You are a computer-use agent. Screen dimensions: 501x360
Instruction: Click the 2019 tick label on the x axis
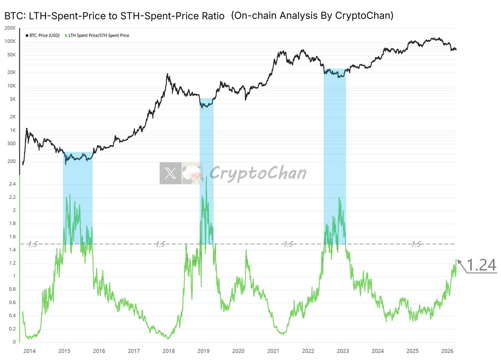[203, 351]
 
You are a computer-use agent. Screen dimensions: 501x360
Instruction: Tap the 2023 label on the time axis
[343, 351]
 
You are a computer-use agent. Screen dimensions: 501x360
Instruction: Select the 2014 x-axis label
[29, 351]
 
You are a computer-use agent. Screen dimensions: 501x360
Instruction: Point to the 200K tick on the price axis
[10, 28]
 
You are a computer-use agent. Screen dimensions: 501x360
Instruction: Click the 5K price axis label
[13, 99]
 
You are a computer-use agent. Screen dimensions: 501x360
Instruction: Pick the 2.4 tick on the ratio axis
[12, 184]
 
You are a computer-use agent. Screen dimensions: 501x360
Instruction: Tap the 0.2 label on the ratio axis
[12, 329]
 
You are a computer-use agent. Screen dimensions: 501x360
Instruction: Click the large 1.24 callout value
[481, 265]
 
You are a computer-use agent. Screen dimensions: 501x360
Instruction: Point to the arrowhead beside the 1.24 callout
[459, 262]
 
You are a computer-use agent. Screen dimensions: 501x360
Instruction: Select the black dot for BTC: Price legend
[27, 35]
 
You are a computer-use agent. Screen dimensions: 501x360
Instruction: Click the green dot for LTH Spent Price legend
[66, 35]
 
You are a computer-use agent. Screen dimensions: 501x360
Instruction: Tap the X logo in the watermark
[170, 173]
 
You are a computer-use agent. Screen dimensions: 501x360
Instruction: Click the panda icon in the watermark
[192, 174]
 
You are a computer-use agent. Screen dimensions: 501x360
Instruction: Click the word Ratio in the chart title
[213, 16]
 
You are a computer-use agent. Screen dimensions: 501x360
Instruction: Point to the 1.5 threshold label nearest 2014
[33, 244]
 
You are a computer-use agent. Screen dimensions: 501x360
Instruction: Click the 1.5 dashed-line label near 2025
[416, 244]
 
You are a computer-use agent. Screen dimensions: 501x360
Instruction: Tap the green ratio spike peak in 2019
[206, 177]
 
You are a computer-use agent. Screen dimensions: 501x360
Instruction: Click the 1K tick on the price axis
[13, 130]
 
